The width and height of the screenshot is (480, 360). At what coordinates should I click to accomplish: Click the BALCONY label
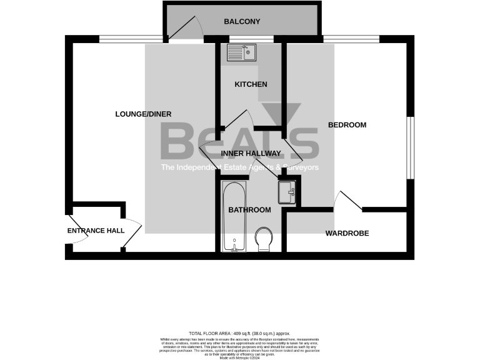point(242,22)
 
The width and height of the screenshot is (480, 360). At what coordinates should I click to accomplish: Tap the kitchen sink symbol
point(241,52)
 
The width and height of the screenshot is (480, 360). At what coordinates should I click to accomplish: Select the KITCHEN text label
point(251,84)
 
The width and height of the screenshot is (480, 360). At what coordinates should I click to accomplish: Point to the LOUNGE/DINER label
point(143,114)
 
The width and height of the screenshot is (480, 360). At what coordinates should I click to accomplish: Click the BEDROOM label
point(347,125)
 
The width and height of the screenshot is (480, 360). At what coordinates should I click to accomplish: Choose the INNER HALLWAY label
point(250,153)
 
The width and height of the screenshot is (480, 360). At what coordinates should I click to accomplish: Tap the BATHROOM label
point(249,210)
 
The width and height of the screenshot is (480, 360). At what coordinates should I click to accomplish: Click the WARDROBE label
point(347,234)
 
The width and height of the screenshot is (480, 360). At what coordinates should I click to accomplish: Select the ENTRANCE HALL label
point(96,231)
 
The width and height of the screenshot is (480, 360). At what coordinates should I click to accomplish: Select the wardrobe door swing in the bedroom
point(347,200)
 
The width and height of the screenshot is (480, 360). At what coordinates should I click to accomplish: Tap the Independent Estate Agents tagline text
point(240,167)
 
